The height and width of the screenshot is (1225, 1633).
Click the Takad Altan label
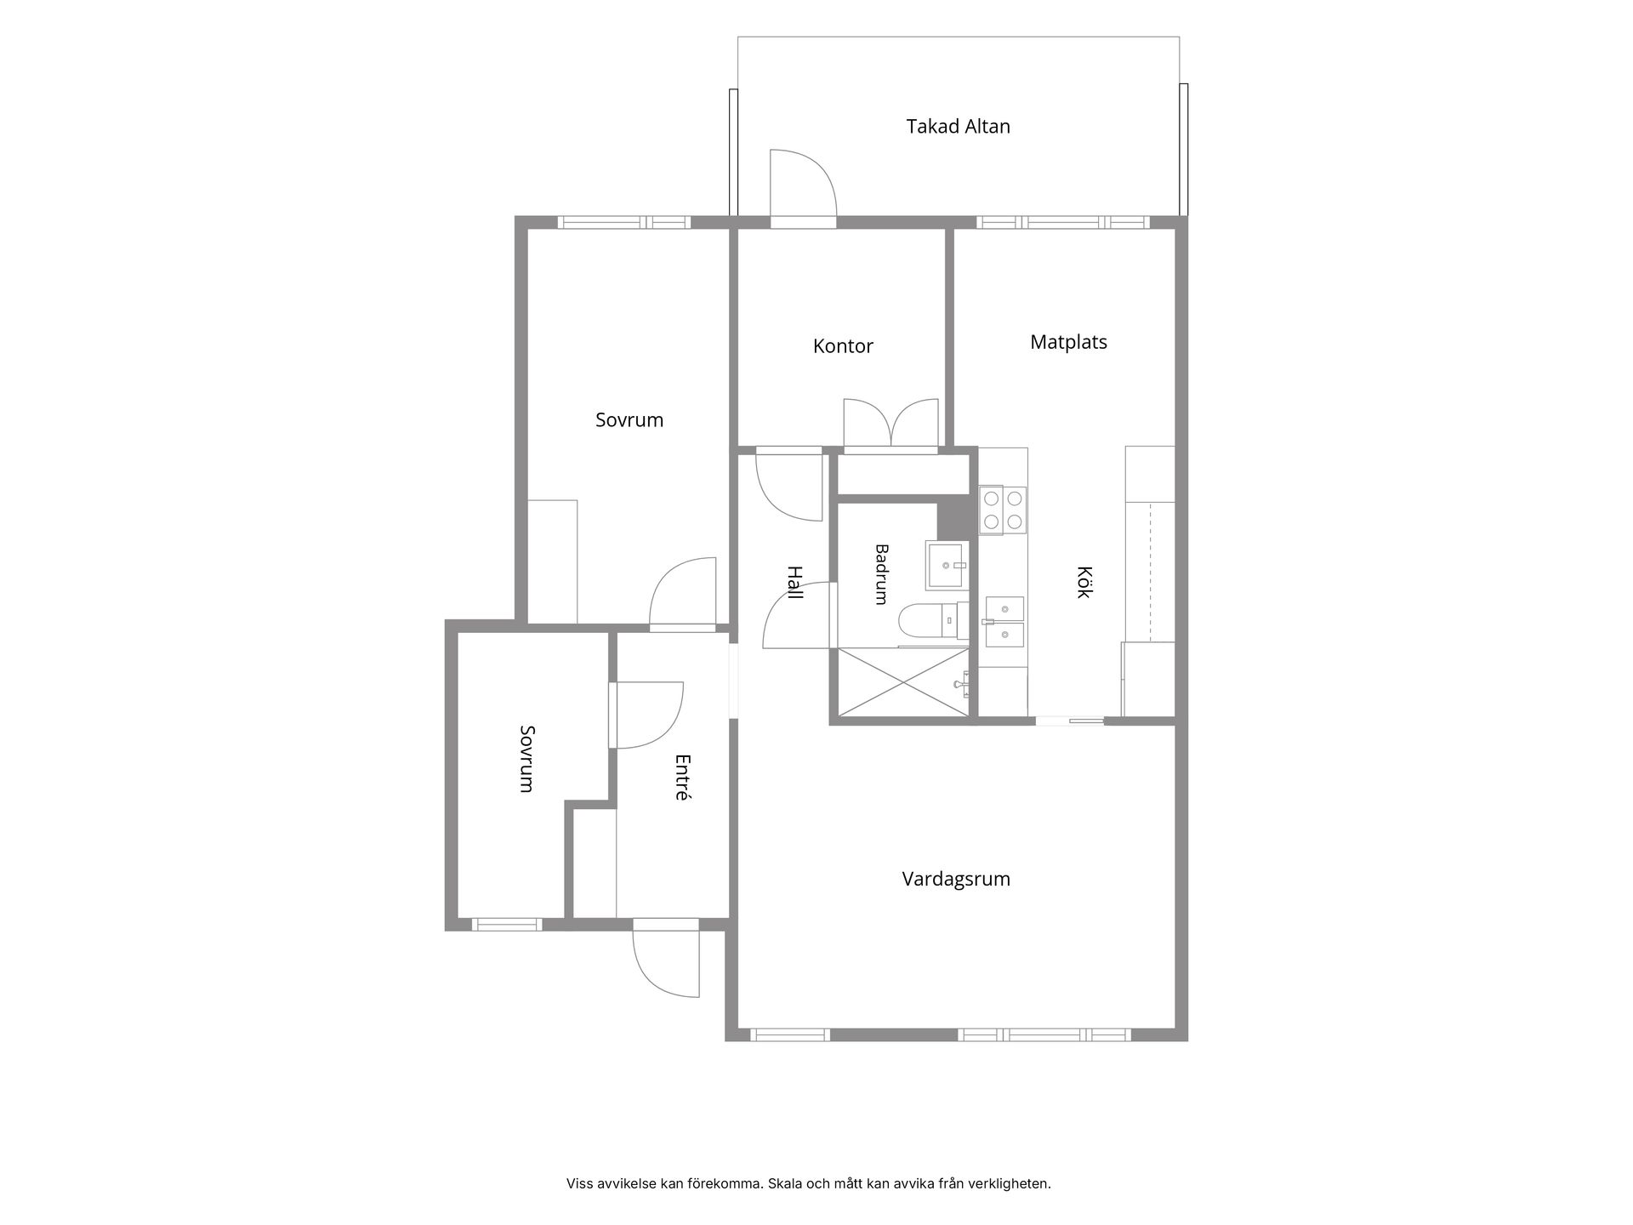[958, 127]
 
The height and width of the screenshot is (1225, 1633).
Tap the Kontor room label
[843, 346]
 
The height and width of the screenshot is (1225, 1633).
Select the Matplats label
[1068, 342]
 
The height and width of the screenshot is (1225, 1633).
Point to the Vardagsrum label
[956, 879]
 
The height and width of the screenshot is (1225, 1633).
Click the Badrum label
[881, 574]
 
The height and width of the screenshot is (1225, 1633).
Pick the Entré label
[681, 778]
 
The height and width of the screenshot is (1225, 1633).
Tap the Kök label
[1084, 582]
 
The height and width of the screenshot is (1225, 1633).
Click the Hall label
[794, 583]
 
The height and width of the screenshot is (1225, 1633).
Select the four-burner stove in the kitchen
[1003, 510]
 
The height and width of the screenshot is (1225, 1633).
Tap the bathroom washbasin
[946, 566]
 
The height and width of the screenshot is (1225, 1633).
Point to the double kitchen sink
[1004, 622]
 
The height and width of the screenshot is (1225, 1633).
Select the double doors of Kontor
[890, 423]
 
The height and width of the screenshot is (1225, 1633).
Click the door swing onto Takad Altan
[804, 183]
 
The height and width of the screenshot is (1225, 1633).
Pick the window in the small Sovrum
[507, 924]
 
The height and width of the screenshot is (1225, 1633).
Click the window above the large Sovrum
[623, 223]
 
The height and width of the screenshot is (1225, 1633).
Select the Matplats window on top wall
[1063, 223]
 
